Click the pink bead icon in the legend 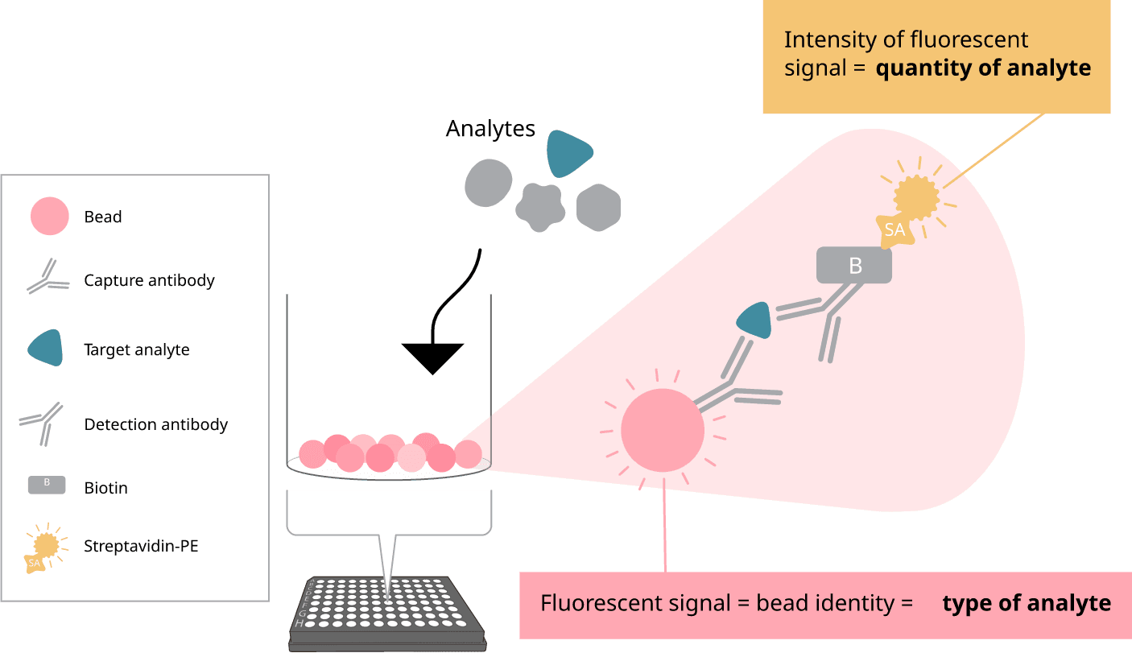pos(49,217)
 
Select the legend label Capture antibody pos(149,281)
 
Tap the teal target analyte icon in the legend pos(46,348)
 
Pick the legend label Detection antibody pos(155,424)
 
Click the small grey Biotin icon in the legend pos(47,484)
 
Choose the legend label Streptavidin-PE pos(141,546)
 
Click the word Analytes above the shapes pos(490,129)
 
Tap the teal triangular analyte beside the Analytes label pos(568,153)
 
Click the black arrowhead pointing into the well pos(433,357)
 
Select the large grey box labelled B pos(854,266)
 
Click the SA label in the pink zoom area pos(894,229)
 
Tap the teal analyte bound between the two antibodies pos(756,319)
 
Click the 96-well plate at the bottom pos(388,614)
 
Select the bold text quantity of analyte pos(983,68)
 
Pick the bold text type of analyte pos(1027,604)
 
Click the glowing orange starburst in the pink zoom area pos(918,194)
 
